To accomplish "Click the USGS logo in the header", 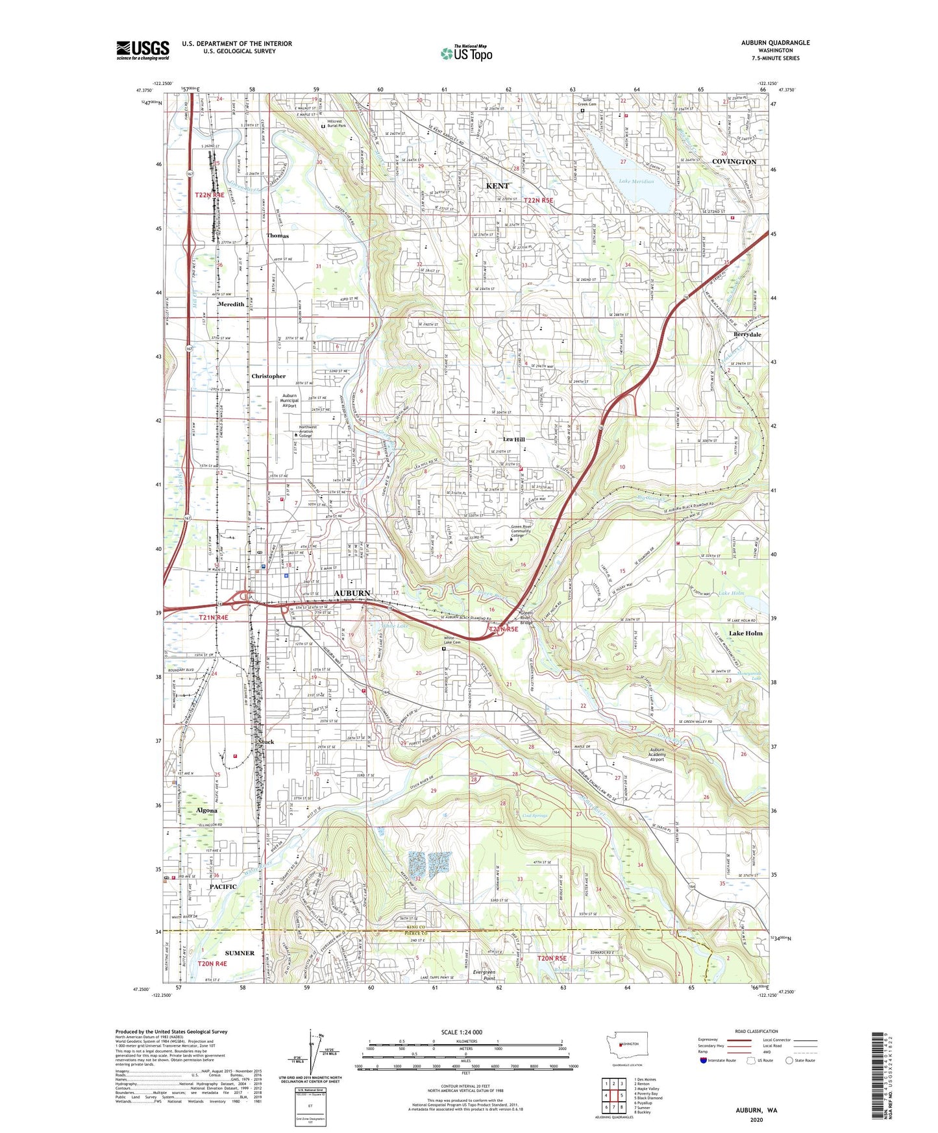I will [143, 49].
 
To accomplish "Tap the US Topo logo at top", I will [466, 54].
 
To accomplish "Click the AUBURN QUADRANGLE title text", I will [775, 43].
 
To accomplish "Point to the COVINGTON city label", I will [734, 162].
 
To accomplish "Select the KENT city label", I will [497, 186].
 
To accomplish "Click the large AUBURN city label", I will [352, 593].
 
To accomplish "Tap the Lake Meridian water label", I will [636, 182].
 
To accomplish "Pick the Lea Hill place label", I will [513, 439].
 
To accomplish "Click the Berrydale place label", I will [747, 334].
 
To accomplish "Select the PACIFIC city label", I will [223, 886].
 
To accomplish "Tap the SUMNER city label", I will [240, 953].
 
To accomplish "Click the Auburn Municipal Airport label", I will [290, 400].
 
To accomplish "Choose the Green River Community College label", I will [520, 531].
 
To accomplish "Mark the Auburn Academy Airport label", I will [657, 755].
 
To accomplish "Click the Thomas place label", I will [277, 236].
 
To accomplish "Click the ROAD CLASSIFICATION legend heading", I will [756, 1031].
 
